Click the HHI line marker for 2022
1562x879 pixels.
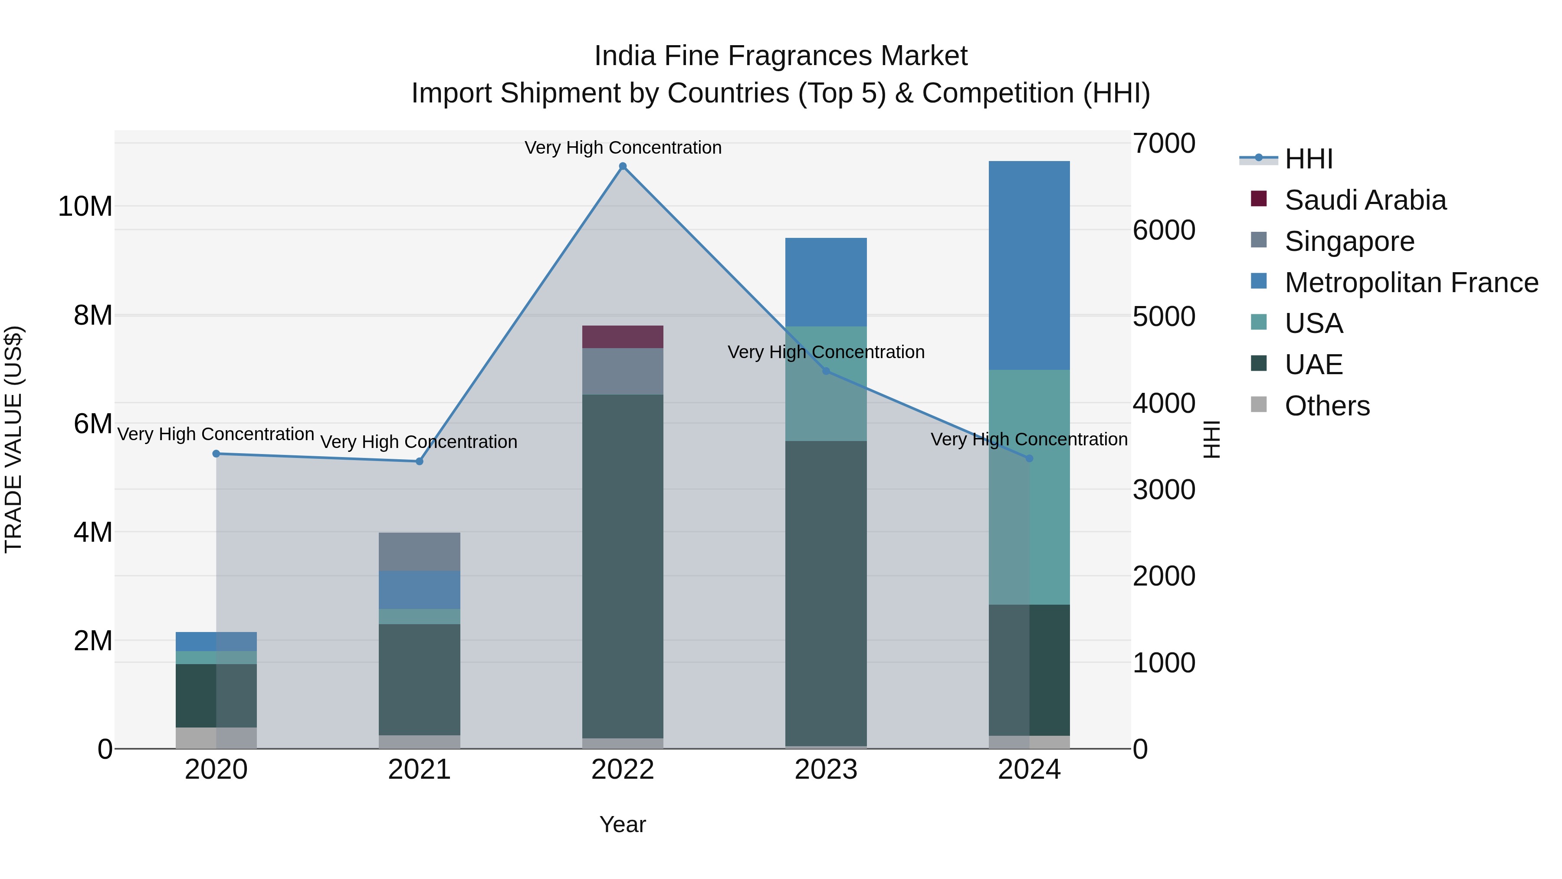pyautogui.click(x=623, y=166)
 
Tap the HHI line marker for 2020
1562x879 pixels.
pyautogui.click(x=217, y=454)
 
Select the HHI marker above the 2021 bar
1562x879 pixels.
pyautogui.click(x=419, y=462)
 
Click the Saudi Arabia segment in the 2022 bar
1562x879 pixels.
pyautogui.click(x=623, y=337)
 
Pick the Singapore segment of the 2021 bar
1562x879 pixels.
pyautogui.click(x=419, y=551)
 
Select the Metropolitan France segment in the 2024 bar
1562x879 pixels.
pyautogui.click(x=1029, y=265)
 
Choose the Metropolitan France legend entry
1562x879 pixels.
pyautogui.click(x=1411, y=283)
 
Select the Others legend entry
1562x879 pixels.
pyautogui.click(x=1327, y=406)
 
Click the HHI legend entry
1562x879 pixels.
pyautogui.click(x=1309, y=159)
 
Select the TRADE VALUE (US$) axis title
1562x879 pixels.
pyautogui.click(x=13, y=439)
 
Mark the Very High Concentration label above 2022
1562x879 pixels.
pyautogui.click(x=623, y=148)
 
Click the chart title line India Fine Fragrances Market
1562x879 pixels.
pyautogui.click(x=781, y=56)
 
